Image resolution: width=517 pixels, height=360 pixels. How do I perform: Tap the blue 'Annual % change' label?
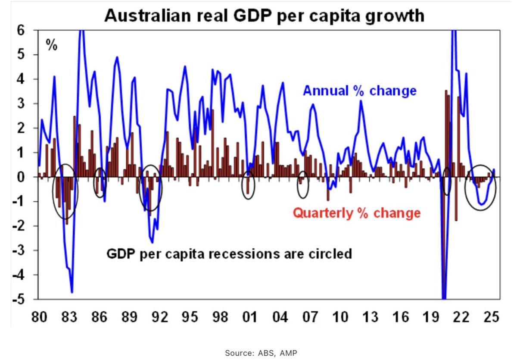(360, 91)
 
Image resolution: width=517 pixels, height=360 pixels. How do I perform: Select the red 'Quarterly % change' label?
(356, 213)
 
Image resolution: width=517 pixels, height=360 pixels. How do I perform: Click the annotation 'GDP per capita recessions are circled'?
(229, 254)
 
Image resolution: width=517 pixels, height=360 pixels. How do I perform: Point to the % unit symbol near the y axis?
(52, 45)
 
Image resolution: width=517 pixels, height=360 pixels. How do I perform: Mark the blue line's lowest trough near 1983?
(72, 292)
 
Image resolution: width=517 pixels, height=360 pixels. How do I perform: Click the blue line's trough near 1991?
(152, 242)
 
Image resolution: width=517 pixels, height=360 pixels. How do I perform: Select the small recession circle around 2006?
(303, 185)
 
